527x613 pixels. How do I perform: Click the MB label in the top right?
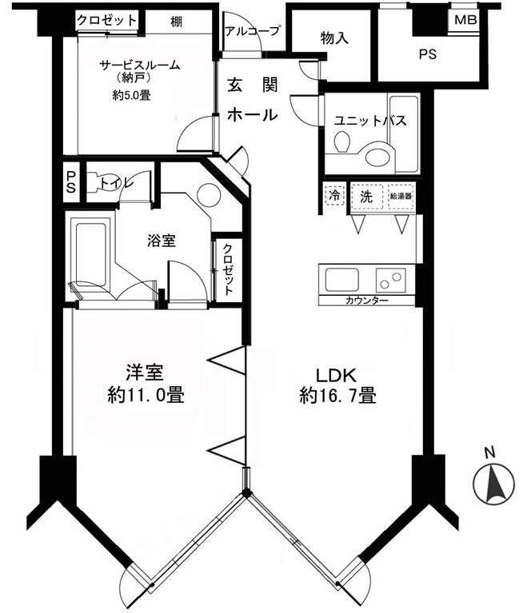click(x=465, y=19)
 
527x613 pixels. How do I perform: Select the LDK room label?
click(x=336, y=376)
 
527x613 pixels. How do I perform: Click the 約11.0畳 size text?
click(x=146, y=396)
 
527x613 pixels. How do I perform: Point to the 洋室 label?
click(x=145, y=372)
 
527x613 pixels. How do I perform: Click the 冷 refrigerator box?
click(x=334, y=195)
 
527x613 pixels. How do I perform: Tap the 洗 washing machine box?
click(x=366, y=197)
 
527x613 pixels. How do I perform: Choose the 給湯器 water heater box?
click(x=401, y=197)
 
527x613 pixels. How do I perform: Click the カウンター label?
click(x=366, y=301)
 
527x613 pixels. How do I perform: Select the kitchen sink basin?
click(x=341, y=280)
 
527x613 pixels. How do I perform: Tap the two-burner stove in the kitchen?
click(x=391, y=281)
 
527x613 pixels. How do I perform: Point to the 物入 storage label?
click(x=334, y=38)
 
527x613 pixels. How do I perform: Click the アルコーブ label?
click(x=253, y=30)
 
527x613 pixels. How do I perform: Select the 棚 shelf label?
click(x=177, y=22)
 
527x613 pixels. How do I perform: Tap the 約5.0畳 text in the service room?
click(x=131, y=95)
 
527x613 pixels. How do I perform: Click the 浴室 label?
click(x=162, y=240)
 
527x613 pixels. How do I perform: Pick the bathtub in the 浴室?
click(x=90, y=255)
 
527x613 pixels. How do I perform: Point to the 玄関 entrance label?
click(x=253, y=85)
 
